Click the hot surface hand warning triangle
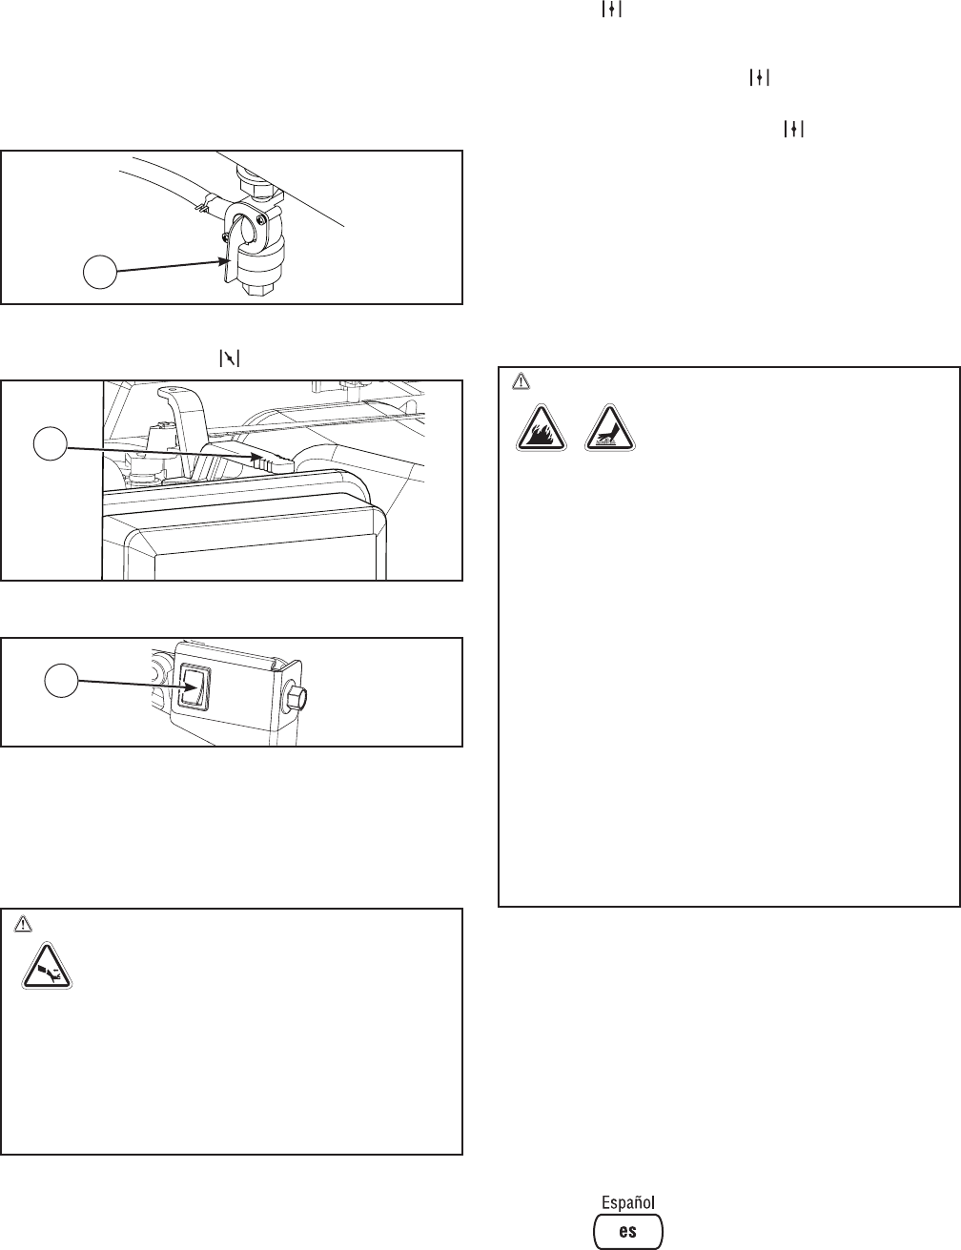pos(610,427)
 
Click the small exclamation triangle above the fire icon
pos(520,380)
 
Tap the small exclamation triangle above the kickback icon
pos(25,923)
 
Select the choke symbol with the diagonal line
pos(230,359)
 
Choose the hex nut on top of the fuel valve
pos(256,174)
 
